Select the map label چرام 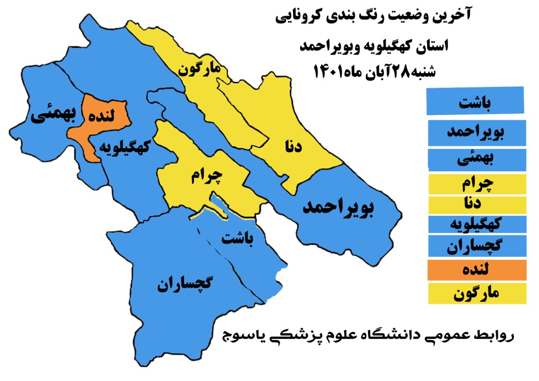206,177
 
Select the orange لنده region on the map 101,116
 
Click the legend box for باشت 475,101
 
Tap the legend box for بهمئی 477,159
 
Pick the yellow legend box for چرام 477,184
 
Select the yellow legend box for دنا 477,204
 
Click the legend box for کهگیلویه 477,224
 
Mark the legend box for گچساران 477,246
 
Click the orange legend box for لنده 477,270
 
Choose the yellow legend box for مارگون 477,293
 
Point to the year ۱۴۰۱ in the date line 333,71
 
